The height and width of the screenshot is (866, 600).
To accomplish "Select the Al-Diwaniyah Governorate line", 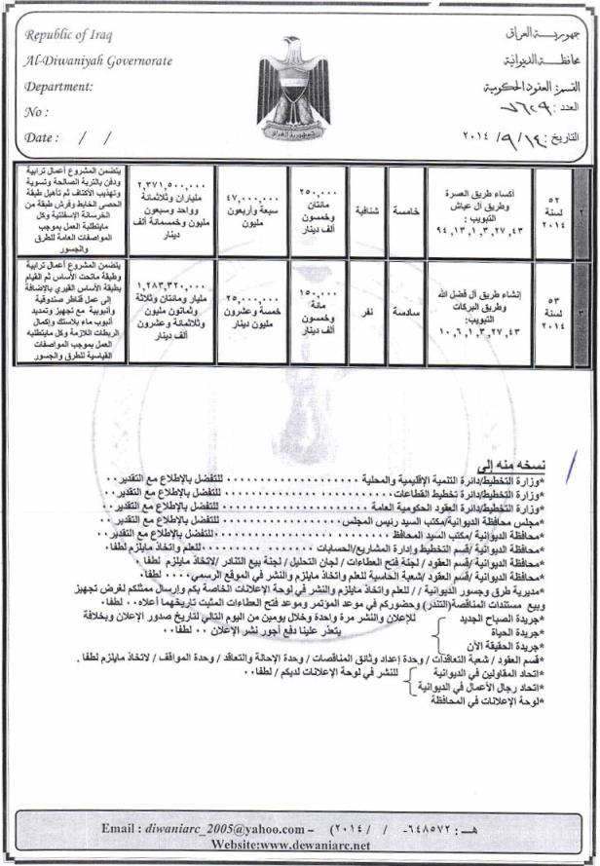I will (98, 60).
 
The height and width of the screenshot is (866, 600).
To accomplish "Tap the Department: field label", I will (59, 86).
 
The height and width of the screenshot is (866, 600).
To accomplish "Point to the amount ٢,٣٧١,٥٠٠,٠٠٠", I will (174, 184).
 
